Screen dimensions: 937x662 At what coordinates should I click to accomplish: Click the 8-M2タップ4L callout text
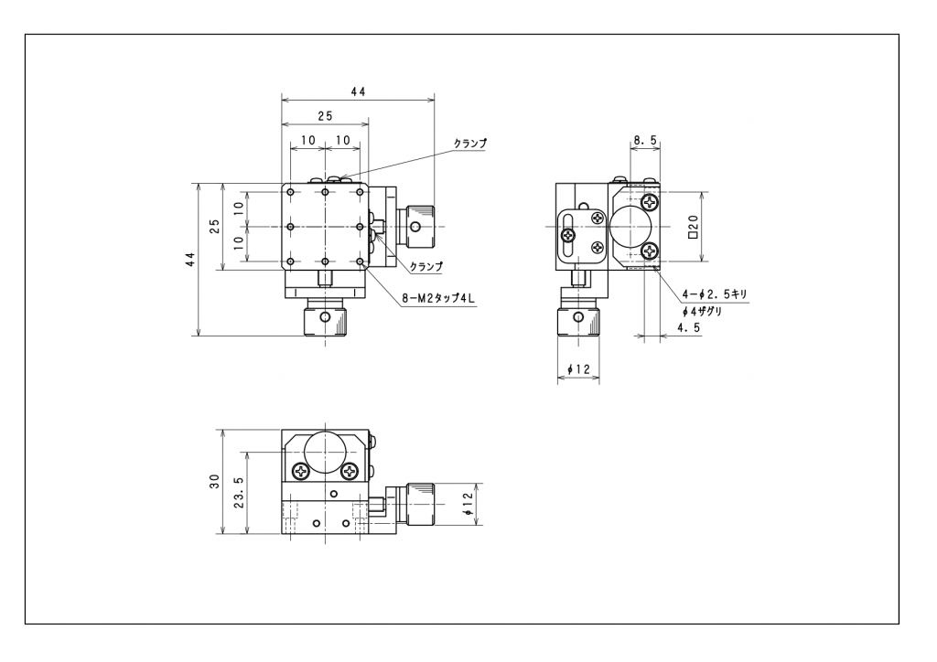[438, 298]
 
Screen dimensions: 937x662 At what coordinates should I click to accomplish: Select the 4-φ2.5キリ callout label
[715, 294]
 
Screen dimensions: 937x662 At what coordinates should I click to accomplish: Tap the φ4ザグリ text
[702, 312]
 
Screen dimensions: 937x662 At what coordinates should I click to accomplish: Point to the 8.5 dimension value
[645, 140]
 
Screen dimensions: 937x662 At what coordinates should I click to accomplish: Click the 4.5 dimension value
[688, 327]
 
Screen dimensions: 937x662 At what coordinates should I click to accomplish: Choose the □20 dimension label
[694, 227]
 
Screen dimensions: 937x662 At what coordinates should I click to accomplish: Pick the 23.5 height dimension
[239, 492]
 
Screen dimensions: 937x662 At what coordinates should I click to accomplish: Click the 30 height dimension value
[214, 481]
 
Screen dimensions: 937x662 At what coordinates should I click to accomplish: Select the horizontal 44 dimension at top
[358, 92]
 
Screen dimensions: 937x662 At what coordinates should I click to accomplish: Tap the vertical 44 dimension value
[190, 259]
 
